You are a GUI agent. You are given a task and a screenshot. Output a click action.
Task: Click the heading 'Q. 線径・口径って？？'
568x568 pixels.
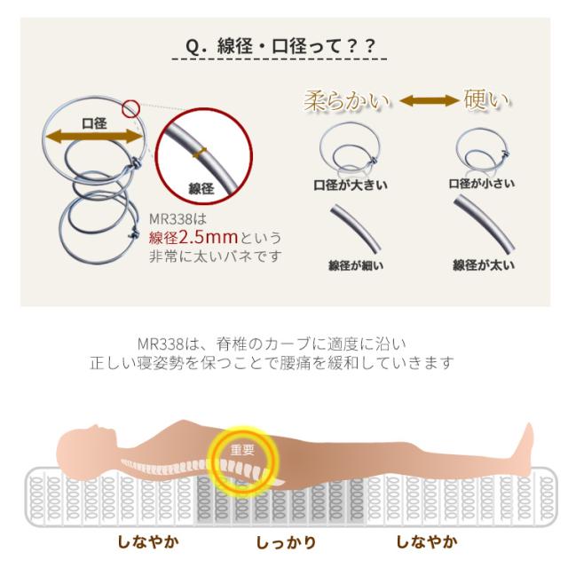click(280, 46)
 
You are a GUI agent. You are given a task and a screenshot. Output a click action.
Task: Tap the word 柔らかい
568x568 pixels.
click(347, 100)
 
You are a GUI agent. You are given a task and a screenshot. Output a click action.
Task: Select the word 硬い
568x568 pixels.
click(486, 99)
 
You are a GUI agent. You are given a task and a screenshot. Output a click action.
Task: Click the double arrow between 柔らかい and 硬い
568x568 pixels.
click(429, 100)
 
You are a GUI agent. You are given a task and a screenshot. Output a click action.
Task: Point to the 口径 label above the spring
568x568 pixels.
click(94, 123)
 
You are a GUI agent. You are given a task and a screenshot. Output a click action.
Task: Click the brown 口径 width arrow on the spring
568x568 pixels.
click(94, 138)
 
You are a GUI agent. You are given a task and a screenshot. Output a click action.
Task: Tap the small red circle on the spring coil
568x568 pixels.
click(130, 108)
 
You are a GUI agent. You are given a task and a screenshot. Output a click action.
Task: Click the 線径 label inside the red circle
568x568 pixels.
click(201, 188)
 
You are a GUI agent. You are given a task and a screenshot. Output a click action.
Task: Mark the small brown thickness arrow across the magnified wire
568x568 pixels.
click(200, 153)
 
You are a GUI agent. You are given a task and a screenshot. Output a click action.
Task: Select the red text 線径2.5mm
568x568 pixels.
click(193, 238)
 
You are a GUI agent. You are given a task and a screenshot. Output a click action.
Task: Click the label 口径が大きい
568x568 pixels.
click(351, 185)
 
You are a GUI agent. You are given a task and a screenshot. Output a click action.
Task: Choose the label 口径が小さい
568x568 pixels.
click(481, 184)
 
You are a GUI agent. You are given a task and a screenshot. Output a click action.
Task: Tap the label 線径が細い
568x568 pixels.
click(355, 265)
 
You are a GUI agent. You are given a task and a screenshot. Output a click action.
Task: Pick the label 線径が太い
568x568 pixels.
click(483, 265)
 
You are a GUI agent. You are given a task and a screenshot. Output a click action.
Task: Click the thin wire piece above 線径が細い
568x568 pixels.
click(355, 228)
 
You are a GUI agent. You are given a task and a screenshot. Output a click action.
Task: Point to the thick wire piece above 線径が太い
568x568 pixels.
click(484, 224)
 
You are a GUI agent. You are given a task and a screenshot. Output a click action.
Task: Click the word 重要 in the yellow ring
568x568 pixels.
click(242, 450)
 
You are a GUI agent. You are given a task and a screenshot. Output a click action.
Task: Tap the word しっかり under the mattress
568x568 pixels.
click(286, 542)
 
